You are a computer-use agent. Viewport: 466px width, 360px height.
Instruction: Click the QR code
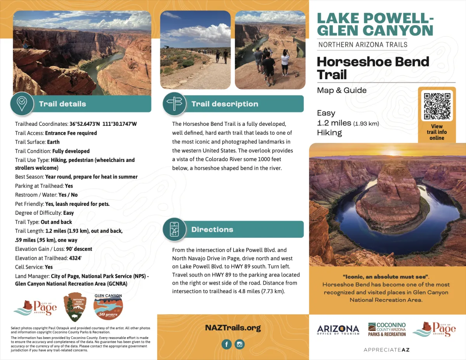pos(437,105)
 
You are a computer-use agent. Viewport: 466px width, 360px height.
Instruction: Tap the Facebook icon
pos(226,344)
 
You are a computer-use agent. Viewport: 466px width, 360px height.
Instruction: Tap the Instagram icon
pos(240,344)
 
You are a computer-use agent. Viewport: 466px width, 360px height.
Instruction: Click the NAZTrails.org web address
pos(233,328)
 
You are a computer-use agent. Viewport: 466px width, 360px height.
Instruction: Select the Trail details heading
pos(63,104)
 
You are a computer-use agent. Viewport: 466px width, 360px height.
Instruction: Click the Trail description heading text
pos(224,104)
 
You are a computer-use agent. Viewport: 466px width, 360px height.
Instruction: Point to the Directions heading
pos(212,230)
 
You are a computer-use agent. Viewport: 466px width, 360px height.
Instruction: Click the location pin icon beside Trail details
pos(22,103)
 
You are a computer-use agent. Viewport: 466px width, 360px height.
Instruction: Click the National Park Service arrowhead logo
pos(75,307)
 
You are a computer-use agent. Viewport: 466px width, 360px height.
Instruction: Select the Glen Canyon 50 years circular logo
pos(108,307)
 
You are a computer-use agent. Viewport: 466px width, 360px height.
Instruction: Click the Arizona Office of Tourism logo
pos(338,330)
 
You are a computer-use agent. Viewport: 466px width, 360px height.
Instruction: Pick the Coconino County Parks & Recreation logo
pos(387,329)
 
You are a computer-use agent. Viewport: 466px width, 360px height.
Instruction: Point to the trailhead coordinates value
pos(103,124)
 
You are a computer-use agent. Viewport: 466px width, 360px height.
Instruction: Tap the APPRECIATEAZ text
pos(386,350)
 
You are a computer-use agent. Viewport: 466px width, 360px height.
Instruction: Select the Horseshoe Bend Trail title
pos(373,68)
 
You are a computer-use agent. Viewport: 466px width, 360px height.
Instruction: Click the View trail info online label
pos(437,132)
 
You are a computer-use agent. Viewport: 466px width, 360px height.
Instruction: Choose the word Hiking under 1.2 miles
pos(329,132)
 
